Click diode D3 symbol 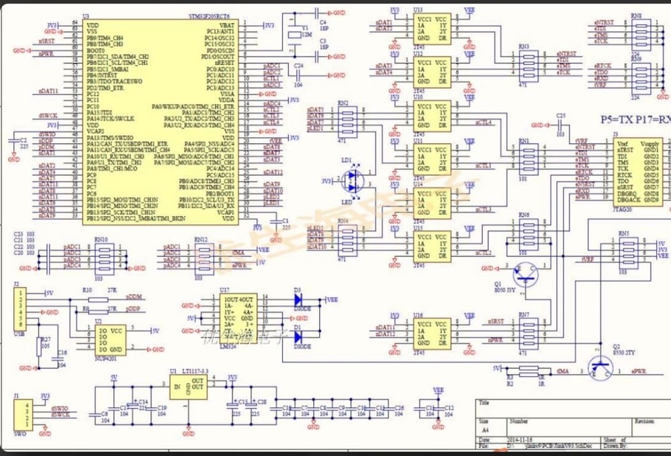[300, 300]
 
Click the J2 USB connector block [19, 309]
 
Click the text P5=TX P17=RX [633, 118]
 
